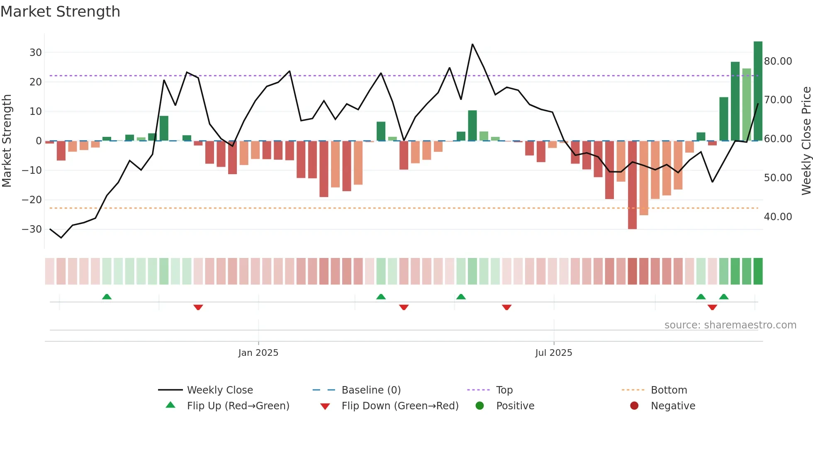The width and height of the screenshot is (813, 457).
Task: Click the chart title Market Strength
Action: pos(60,12)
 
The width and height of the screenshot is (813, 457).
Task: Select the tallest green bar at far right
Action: pos(758,91)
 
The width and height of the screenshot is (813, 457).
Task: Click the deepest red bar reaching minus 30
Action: pos(632,185)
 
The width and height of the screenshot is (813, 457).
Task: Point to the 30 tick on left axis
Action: pos(36,53)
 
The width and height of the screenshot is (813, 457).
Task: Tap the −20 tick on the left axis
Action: pos(32,200)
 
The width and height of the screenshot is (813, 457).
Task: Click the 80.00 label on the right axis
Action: pos(778,61)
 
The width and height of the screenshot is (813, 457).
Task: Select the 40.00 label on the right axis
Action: pos(778,217)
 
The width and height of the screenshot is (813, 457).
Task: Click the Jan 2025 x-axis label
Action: pos(258,353)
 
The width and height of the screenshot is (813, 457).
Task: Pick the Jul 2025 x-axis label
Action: pos(553,353)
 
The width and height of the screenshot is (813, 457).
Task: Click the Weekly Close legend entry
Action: pos(219,390)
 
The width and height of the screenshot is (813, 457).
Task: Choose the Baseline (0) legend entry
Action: pos(371,390)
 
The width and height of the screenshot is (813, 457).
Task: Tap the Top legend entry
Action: pos(504,390)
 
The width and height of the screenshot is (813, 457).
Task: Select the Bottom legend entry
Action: pos(669,390)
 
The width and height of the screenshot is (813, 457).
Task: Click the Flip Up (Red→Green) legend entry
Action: pos(238,406)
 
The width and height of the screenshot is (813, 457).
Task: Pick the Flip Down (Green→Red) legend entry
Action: pos(400,406)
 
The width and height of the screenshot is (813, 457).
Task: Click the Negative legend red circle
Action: pos(634,406)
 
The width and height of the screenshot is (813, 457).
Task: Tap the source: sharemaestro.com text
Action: pos(730,325)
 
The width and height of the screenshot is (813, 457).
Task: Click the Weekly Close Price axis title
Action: pos(806,141)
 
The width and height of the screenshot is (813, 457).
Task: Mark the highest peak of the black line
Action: pos(472,44)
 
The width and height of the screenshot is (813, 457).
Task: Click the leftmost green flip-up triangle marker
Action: pos(107,297)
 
